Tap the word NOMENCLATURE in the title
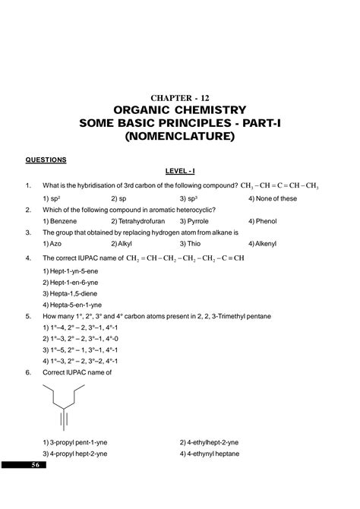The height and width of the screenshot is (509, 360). pyautogui.click(x=180, y=138)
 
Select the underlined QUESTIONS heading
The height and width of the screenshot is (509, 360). pyautogui.click(x=46, y=160)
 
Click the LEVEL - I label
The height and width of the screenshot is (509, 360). pyautogui.click(x=180, y=172)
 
